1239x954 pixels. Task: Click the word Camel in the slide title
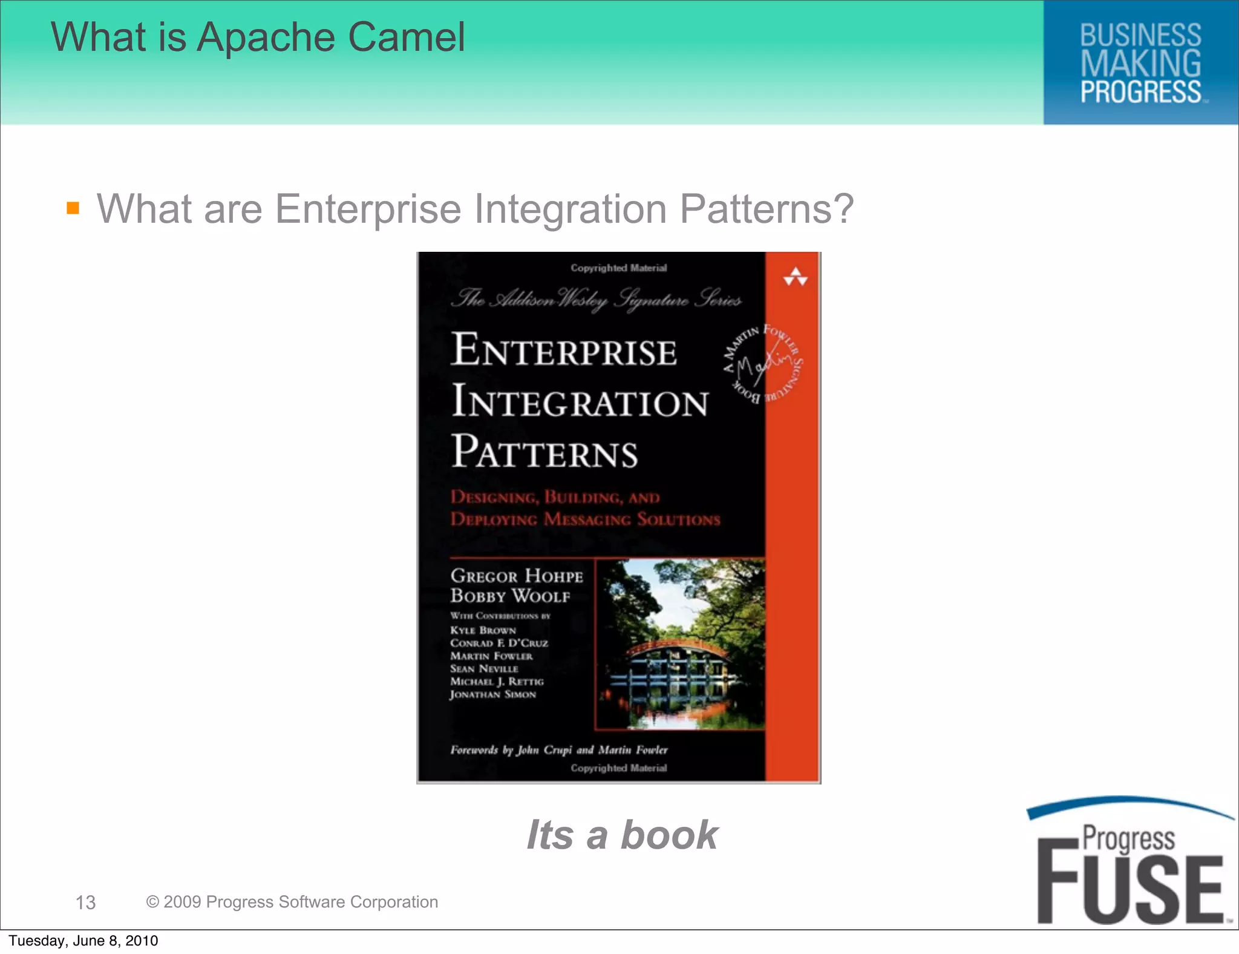pos(406,38)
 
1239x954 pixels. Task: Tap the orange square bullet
pos(73,208)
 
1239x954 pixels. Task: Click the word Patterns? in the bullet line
pos(767,209)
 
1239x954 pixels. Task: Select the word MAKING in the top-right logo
pos(1140,64)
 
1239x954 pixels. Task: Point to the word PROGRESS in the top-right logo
pos(1140,92)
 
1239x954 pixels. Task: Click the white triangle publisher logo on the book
pos(795,277)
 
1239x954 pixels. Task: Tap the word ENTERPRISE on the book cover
pos(564,350)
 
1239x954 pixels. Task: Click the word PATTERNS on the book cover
pos(544,452)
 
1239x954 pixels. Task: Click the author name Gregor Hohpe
pos(517,576)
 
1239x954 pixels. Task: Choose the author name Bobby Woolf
pos(510,596)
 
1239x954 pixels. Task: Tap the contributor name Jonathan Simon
pos(492,694)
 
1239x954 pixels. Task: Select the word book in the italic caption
pos(669,835)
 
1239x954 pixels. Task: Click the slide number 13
pos(85,903)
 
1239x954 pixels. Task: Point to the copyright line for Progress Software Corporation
pos(292,902)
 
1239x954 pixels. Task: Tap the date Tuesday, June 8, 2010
pos(83,941)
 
